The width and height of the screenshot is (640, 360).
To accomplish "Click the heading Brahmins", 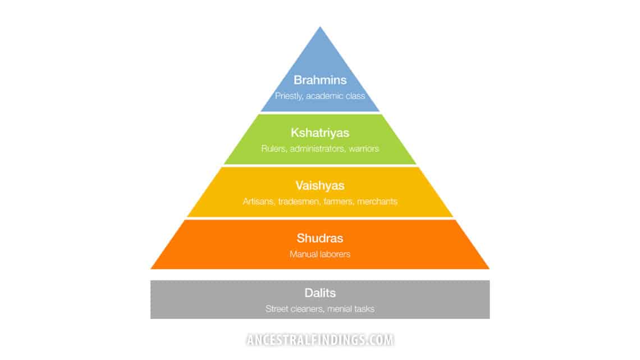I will [x=319, y=80].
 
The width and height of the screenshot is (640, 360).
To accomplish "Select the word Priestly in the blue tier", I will [x=287, y=96].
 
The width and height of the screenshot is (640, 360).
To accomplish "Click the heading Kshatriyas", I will [x=319, y=133].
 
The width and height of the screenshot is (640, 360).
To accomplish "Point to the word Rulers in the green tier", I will [x=273, y=149].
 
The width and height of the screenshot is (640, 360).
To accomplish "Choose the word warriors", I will [x=364, y=149].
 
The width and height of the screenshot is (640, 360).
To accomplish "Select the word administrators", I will [x=318, y=149].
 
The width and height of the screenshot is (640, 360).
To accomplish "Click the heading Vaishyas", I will [x=319, y=185].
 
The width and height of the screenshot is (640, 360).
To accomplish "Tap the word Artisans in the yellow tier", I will [x=258, y=201].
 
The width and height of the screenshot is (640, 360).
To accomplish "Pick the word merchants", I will [x=377, y=201].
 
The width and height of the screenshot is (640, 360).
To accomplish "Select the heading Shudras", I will [x=319, y=238].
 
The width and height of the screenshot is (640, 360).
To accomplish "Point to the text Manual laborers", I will [x=319, y=254].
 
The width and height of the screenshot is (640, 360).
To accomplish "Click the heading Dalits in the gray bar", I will [x=319, y=293].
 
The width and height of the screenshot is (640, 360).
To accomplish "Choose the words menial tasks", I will [x=351, y=309].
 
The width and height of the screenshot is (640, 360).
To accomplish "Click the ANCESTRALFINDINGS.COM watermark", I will [x=319, y=340].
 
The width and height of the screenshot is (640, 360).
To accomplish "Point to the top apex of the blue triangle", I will [x=319, y=28].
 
